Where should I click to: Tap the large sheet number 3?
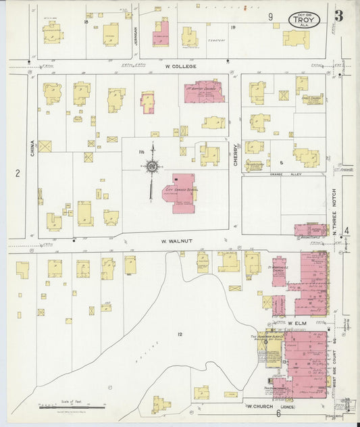pyautogui.click(x=338, y=16)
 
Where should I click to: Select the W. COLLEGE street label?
pyautogui.click(x=180, y=66)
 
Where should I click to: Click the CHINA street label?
pyautogui.click(x=31, y=147)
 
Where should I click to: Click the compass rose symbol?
pyautogui.click(x=153, y=166)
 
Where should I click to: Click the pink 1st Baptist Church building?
pyautogui.click(x=204, y=91)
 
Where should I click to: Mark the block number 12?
pyautogui.click(x=180, y=334)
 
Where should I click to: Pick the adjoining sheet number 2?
pyautogui.click(x=18, y=173)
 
